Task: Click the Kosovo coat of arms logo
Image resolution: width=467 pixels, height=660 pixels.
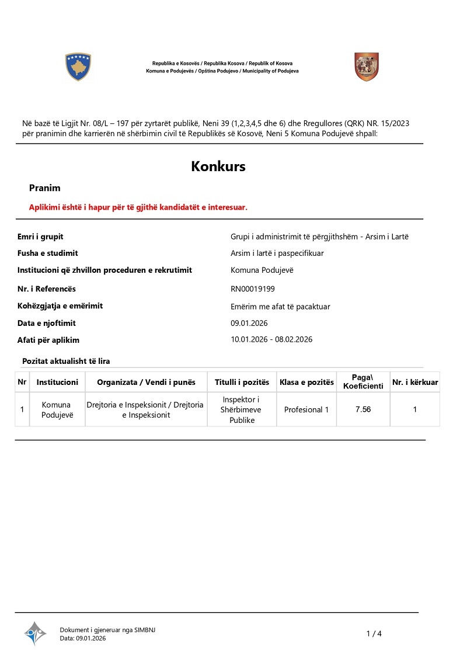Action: tap(78, 67)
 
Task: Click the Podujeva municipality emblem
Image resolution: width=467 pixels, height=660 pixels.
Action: tap(367, 67)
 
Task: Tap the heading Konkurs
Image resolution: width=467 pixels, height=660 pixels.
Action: tap(218, 166)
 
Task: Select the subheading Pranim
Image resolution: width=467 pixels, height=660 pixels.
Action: tap(45, 188)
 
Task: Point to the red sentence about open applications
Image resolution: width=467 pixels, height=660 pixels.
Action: tap(138, 207)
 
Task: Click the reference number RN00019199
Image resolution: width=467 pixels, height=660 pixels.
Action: tap(253, 289)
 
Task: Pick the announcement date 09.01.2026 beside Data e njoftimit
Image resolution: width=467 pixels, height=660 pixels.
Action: tap(249, 323)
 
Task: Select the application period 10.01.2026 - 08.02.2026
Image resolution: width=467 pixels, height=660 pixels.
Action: tap(271, 340)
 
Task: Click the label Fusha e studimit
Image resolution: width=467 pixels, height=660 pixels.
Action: tap(48, 253)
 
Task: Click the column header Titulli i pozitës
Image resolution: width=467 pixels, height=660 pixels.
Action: tap(242, 382)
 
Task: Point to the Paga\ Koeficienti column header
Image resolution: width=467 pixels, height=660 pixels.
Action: tap(363, 382)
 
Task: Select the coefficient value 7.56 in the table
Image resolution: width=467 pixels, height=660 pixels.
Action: tap(363, 409)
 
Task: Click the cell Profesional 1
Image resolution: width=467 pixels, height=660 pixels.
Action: tap(306, 409)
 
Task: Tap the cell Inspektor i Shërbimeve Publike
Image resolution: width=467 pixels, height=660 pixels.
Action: tap(242, 409)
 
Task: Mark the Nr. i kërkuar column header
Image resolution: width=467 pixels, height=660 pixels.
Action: tap(415, 382)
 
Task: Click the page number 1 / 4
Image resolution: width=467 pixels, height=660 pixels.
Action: tap(374, 634)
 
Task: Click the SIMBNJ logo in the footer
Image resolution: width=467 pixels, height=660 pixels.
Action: tap(35, 633)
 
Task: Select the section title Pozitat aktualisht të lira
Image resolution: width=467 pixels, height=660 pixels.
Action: tap(66, 362)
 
